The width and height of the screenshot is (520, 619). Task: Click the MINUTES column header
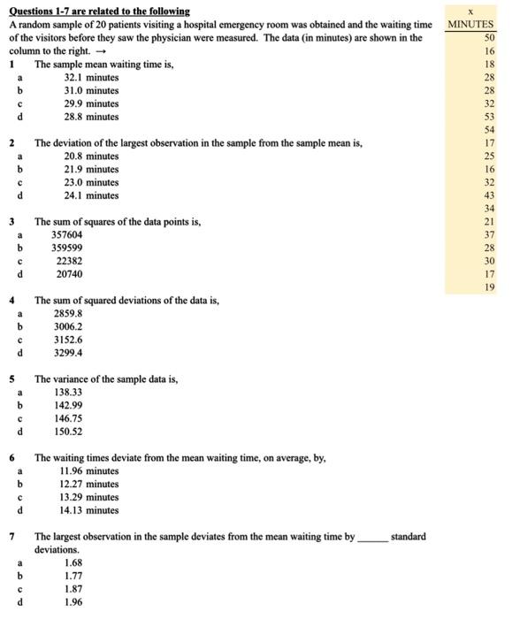(470, 25)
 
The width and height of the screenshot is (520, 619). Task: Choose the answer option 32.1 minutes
(91, 78)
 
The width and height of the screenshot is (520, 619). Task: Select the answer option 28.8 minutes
(91, 117)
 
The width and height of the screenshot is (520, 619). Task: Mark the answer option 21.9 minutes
(91, 169)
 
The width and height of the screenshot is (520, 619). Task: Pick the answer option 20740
(70, 274)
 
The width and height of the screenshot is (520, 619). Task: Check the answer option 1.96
(74, 601)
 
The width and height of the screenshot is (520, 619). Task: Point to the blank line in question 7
(371, 538)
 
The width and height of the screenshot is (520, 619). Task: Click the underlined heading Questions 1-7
(98, 11)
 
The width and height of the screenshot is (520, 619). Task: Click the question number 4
(12, 301)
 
